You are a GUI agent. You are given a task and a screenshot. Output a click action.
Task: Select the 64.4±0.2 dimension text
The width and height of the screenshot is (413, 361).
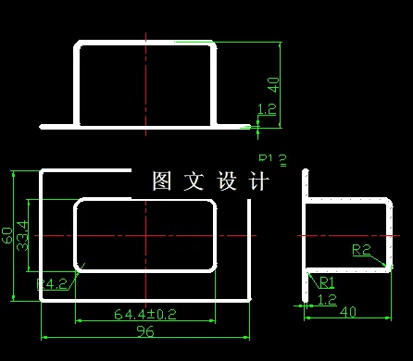145,315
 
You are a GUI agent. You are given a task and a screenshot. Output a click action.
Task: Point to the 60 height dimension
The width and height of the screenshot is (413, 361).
8,237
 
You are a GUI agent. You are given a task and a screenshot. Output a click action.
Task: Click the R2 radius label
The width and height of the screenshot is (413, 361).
361,249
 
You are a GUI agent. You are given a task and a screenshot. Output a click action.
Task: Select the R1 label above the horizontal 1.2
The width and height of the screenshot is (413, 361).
327,282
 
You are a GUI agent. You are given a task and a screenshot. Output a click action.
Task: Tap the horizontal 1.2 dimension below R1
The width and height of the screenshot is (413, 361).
327,299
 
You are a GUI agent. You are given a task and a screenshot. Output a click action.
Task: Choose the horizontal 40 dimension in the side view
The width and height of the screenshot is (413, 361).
348,312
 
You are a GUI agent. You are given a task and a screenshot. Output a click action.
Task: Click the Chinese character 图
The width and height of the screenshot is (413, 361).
161,181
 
